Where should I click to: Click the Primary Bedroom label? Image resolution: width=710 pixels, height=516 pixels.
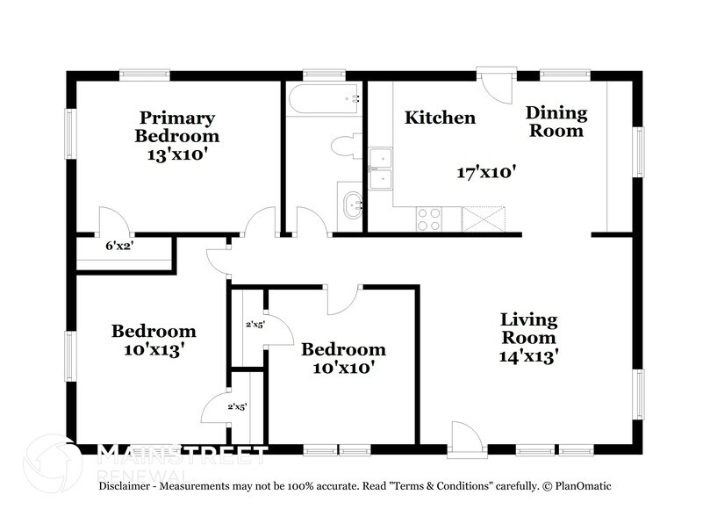[x=176, y=127]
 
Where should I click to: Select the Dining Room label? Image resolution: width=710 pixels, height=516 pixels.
[x=555, y=122]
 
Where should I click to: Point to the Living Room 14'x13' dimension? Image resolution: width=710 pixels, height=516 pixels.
[x=529, y=356]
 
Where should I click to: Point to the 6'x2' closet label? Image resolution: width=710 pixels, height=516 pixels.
[x=119, y=247]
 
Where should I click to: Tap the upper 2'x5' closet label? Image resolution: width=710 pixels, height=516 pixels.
[x=255, y=325]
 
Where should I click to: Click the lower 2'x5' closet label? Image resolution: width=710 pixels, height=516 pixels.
[x=238, y=407]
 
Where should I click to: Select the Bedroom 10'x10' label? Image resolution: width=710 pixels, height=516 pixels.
[x=343, y=358]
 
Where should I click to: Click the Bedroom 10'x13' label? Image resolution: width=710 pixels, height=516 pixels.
[x=153, y=340]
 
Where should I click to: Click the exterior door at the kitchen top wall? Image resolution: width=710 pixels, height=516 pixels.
[x=494, y=87]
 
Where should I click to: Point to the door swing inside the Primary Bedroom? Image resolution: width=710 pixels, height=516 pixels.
[x=114, y=221]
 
